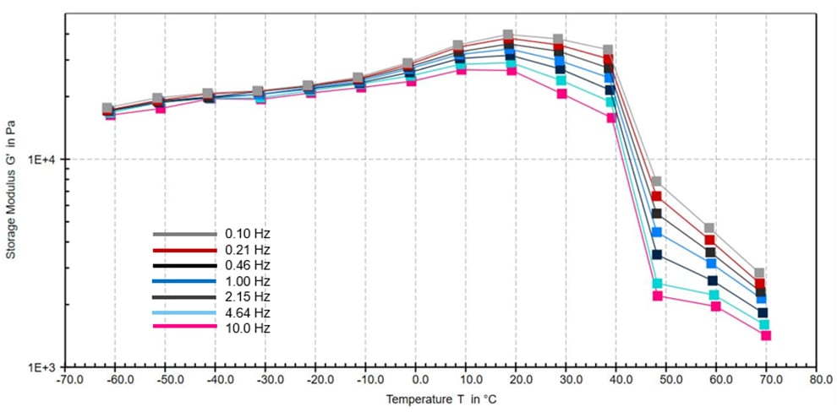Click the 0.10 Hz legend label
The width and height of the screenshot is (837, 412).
click(x=247, y=233)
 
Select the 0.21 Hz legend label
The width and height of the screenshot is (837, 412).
click(x=247, y=249)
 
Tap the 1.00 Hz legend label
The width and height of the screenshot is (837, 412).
click(x=247, y=280)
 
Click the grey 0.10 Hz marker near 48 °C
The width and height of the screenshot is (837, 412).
click(x=656, y=182)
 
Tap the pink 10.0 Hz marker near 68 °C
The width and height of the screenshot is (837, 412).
click(x=766, y=335)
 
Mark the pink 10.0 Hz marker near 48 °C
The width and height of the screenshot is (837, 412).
click(x=657, y=295)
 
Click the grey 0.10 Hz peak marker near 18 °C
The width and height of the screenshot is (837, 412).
click(x=507, y=35)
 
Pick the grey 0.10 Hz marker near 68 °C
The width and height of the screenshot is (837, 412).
click(x=759, y=274)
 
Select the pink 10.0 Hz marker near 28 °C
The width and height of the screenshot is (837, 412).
click(x=561, y=94)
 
